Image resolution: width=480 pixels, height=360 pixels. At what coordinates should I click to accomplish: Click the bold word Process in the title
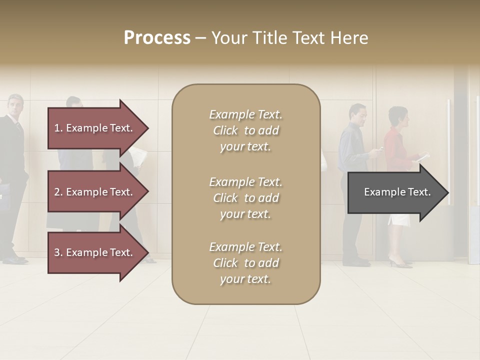coord(157,38)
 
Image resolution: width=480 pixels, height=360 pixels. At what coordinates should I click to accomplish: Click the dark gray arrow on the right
coord(395,192)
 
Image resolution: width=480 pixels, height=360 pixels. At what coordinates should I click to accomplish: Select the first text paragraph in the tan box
coord(245,130)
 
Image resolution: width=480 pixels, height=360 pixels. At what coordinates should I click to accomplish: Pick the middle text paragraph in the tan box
coord(245,197)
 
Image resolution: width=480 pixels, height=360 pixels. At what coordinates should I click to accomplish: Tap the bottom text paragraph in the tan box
coord(245,262)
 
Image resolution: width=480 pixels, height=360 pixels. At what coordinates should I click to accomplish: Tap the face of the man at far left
coord(15,106)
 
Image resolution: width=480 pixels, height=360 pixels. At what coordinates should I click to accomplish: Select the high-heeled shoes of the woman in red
coord(399,262)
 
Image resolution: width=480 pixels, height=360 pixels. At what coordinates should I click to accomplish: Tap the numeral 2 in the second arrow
coord(57,192)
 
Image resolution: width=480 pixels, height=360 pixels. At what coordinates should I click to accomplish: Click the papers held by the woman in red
coord(422,157)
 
